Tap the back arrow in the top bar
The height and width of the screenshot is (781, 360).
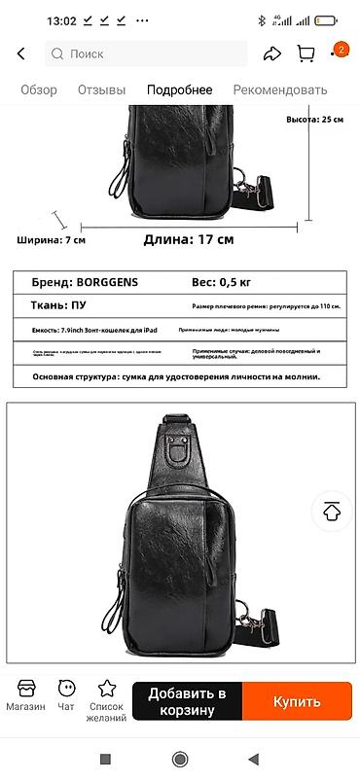pos(21,54)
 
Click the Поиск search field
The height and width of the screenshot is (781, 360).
pos(146,54)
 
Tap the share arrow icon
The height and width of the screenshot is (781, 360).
pos(273,54)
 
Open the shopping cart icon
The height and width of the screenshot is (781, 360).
pos(306,54)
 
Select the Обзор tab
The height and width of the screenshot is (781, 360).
pos(39,90)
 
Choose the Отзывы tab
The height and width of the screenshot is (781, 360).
pos(101,90)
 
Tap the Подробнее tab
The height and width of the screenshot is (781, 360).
pos(179,90)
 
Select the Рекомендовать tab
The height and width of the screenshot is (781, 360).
pos(279,90)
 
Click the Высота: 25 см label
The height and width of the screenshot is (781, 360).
pos(314,119)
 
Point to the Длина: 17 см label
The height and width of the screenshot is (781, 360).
pos(189,239)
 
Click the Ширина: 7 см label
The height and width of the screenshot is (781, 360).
pos(51,240)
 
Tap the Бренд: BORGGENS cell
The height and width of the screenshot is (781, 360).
pos(86,283)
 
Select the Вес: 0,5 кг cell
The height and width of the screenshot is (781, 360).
pos(221,283)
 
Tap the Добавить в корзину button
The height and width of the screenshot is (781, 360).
pos(187,701)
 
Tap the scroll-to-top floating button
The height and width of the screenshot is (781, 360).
pos(333,512)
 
